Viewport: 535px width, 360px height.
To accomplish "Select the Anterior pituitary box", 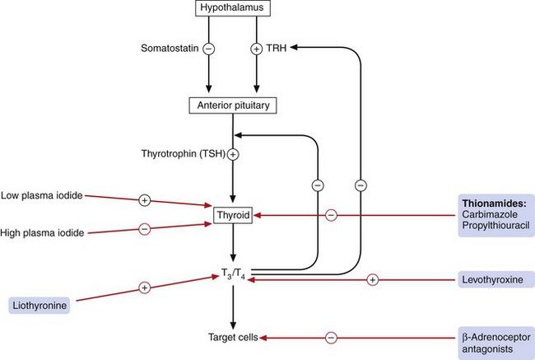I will pos(233,105).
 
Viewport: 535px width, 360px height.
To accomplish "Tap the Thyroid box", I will pos(233,217).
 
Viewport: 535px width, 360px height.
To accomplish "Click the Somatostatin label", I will pos(170,49).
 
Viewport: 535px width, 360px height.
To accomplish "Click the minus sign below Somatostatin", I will pos(208,49).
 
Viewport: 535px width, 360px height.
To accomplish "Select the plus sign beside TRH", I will pos(255,49).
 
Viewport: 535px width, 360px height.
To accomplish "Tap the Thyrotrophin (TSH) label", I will pos(185,154).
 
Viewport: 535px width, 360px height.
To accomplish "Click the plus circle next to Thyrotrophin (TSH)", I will pos(233,154).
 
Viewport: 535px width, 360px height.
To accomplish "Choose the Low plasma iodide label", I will pos(41,194).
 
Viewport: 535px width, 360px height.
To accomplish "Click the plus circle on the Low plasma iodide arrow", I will pos(144,199).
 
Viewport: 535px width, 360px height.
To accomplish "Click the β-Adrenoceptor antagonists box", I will pos(495,343).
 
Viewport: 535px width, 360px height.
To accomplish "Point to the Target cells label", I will pos(233,337).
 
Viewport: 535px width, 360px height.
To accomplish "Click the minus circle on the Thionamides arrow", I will pos(331,216).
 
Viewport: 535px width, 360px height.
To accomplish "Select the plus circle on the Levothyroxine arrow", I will pos(372,280).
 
